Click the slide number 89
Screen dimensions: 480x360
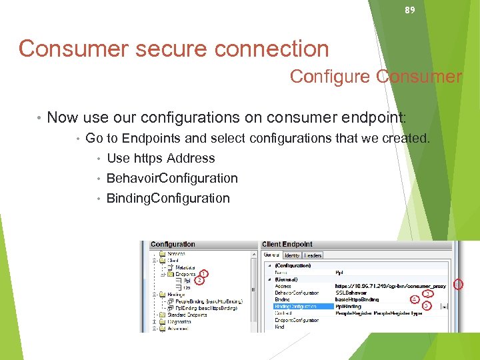[411, 10]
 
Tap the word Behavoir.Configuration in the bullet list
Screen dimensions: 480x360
[172, 178]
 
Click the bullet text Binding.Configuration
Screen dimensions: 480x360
[168, 198]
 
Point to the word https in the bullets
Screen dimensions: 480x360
[148, 158]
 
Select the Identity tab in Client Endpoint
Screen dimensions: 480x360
[292, 255]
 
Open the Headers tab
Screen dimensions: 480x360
[313, 255]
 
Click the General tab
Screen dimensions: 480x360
[271, 255]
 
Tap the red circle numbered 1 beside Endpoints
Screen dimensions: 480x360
[203, 273]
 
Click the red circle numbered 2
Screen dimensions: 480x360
[199, 280]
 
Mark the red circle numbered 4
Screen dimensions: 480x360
[414, 299]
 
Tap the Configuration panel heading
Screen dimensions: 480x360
[173, 244]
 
